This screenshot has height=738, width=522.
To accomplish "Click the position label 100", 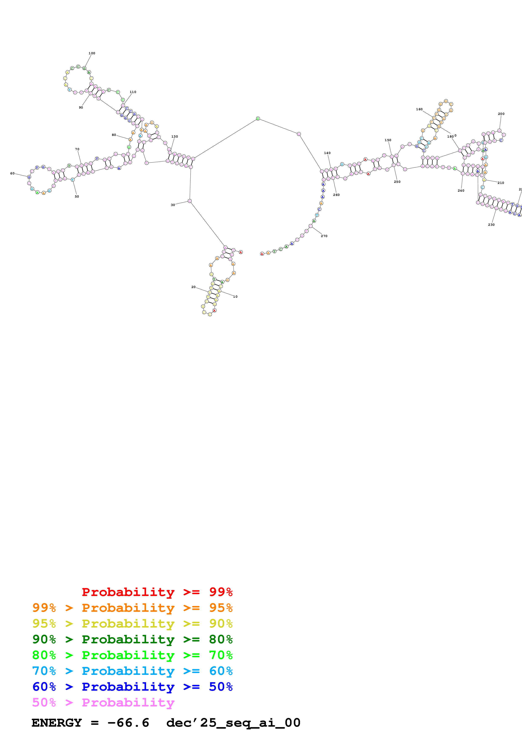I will tap(92, 53).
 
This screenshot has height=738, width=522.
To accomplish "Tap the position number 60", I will tap(12, 174).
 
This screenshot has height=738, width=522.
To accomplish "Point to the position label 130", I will tap(175, 137).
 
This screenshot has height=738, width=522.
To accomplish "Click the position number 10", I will tap(235, 297).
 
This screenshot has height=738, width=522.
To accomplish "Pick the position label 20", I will tap(193, 287).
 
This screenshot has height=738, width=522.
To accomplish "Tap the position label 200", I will tap(501, 114).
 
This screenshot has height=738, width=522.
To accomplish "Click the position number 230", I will tap(491, 225).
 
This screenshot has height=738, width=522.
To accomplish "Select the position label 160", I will tap(419, 109).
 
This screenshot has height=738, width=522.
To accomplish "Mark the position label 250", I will tap(397, 182).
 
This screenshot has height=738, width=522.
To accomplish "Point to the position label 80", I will tap(114, 135).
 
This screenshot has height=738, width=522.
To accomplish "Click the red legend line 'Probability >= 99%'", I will tap(157, 592).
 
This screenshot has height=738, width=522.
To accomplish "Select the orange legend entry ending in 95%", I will tap(132, 608).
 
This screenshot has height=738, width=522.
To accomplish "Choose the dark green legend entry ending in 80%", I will tap(132, 639).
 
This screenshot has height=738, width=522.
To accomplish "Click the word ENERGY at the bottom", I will tap(57, 723).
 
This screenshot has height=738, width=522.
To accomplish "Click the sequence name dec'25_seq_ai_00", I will tap(233, 723).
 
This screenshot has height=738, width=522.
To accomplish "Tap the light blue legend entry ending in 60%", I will tap(132, 671).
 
